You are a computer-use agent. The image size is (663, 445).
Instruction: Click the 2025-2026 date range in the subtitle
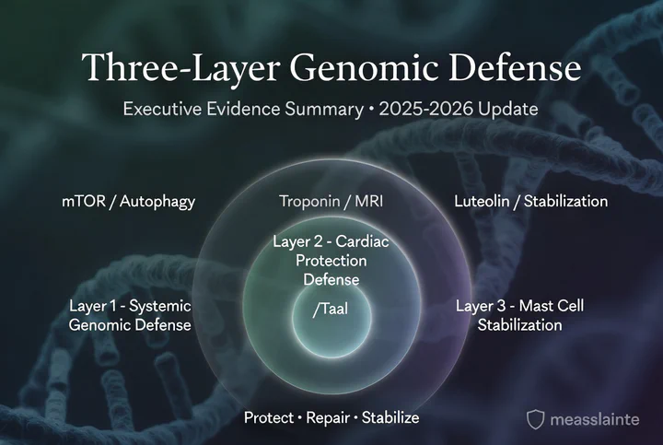click(441, 109)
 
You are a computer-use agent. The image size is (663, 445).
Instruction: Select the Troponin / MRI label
click(331, 201)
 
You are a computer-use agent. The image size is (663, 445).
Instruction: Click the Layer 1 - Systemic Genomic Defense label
click(130, 315)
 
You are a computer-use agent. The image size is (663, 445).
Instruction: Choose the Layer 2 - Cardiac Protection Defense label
click(331, 261)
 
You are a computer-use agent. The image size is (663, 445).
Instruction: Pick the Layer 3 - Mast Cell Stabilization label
click(519, 315)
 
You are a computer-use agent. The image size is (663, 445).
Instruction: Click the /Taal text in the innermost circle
click(330, 311)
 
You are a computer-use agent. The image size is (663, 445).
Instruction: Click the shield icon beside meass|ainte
click(535, 420)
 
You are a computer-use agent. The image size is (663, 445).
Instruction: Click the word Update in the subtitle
click(512, 109)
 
